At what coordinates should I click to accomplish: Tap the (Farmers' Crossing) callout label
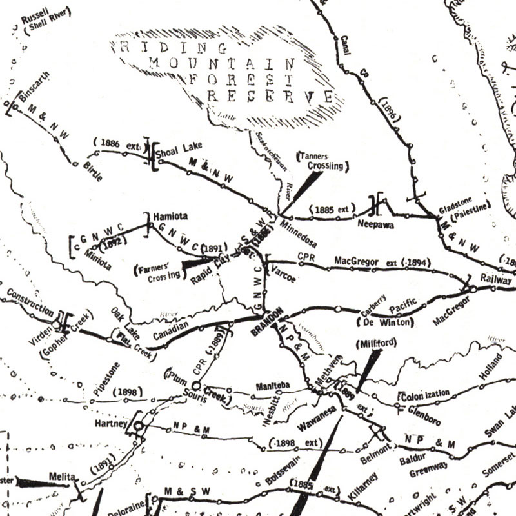coord(157,271)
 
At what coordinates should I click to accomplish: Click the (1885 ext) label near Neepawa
coord(333,209)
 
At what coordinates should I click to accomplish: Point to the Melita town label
coord(63,479)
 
